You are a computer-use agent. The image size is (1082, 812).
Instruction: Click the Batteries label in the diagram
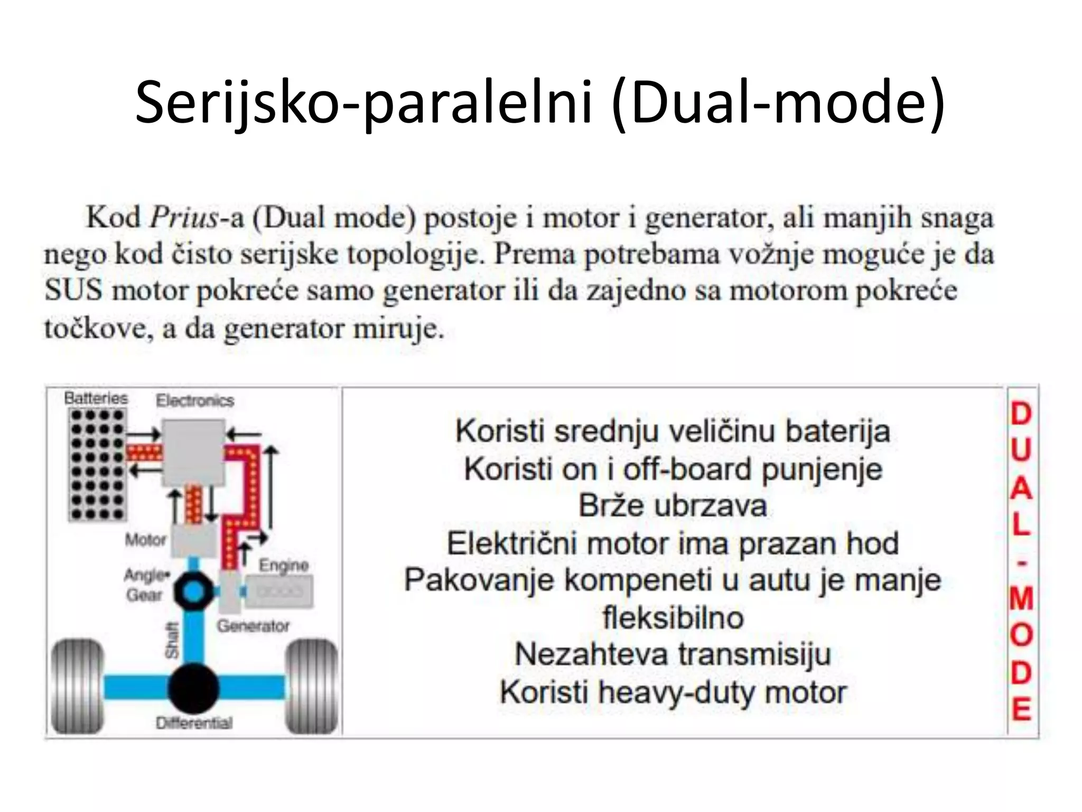click(96, 398)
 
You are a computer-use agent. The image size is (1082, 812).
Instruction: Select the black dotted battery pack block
click(97, 465)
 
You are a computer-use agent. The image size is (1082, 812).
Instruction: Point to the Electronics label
click(195, 400)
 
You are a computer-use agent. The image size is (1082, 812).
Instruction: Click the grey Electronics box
click(193, 453)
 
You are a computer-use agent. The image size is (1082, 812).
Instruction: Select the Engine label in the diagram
click(283, 565)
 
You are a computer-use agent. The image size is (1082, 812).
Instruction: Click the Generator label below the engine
click(253, 626)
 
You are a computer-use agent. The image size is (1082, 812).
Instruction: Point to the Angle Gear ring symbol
click(193, 592)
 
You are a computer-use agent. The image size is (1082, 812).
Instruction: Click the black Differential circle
click(193, 688)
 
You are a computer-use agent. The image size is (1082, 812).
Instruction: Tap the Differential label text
click(194, 723)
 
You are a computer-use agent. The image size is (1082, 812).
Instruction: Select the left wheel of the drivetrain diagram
click(77, 686)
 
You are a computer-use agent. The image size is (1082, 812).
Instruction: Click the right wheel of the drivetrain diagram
click(311, 686)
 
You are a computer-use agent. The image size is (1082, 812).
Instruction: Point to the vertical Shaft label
click(172, 641)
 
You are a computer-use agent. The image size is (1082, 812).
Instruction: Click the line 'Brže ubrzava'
click(673, 505)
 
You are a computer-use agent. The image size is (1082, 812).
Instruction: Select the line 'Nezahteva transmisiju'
click(673, 654)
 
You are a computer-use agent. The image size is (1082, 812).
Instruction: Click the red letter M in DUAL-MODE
click(1021, 599)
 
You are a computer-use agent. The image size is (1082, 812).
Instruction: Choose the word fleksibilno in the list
click(673, 617)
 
